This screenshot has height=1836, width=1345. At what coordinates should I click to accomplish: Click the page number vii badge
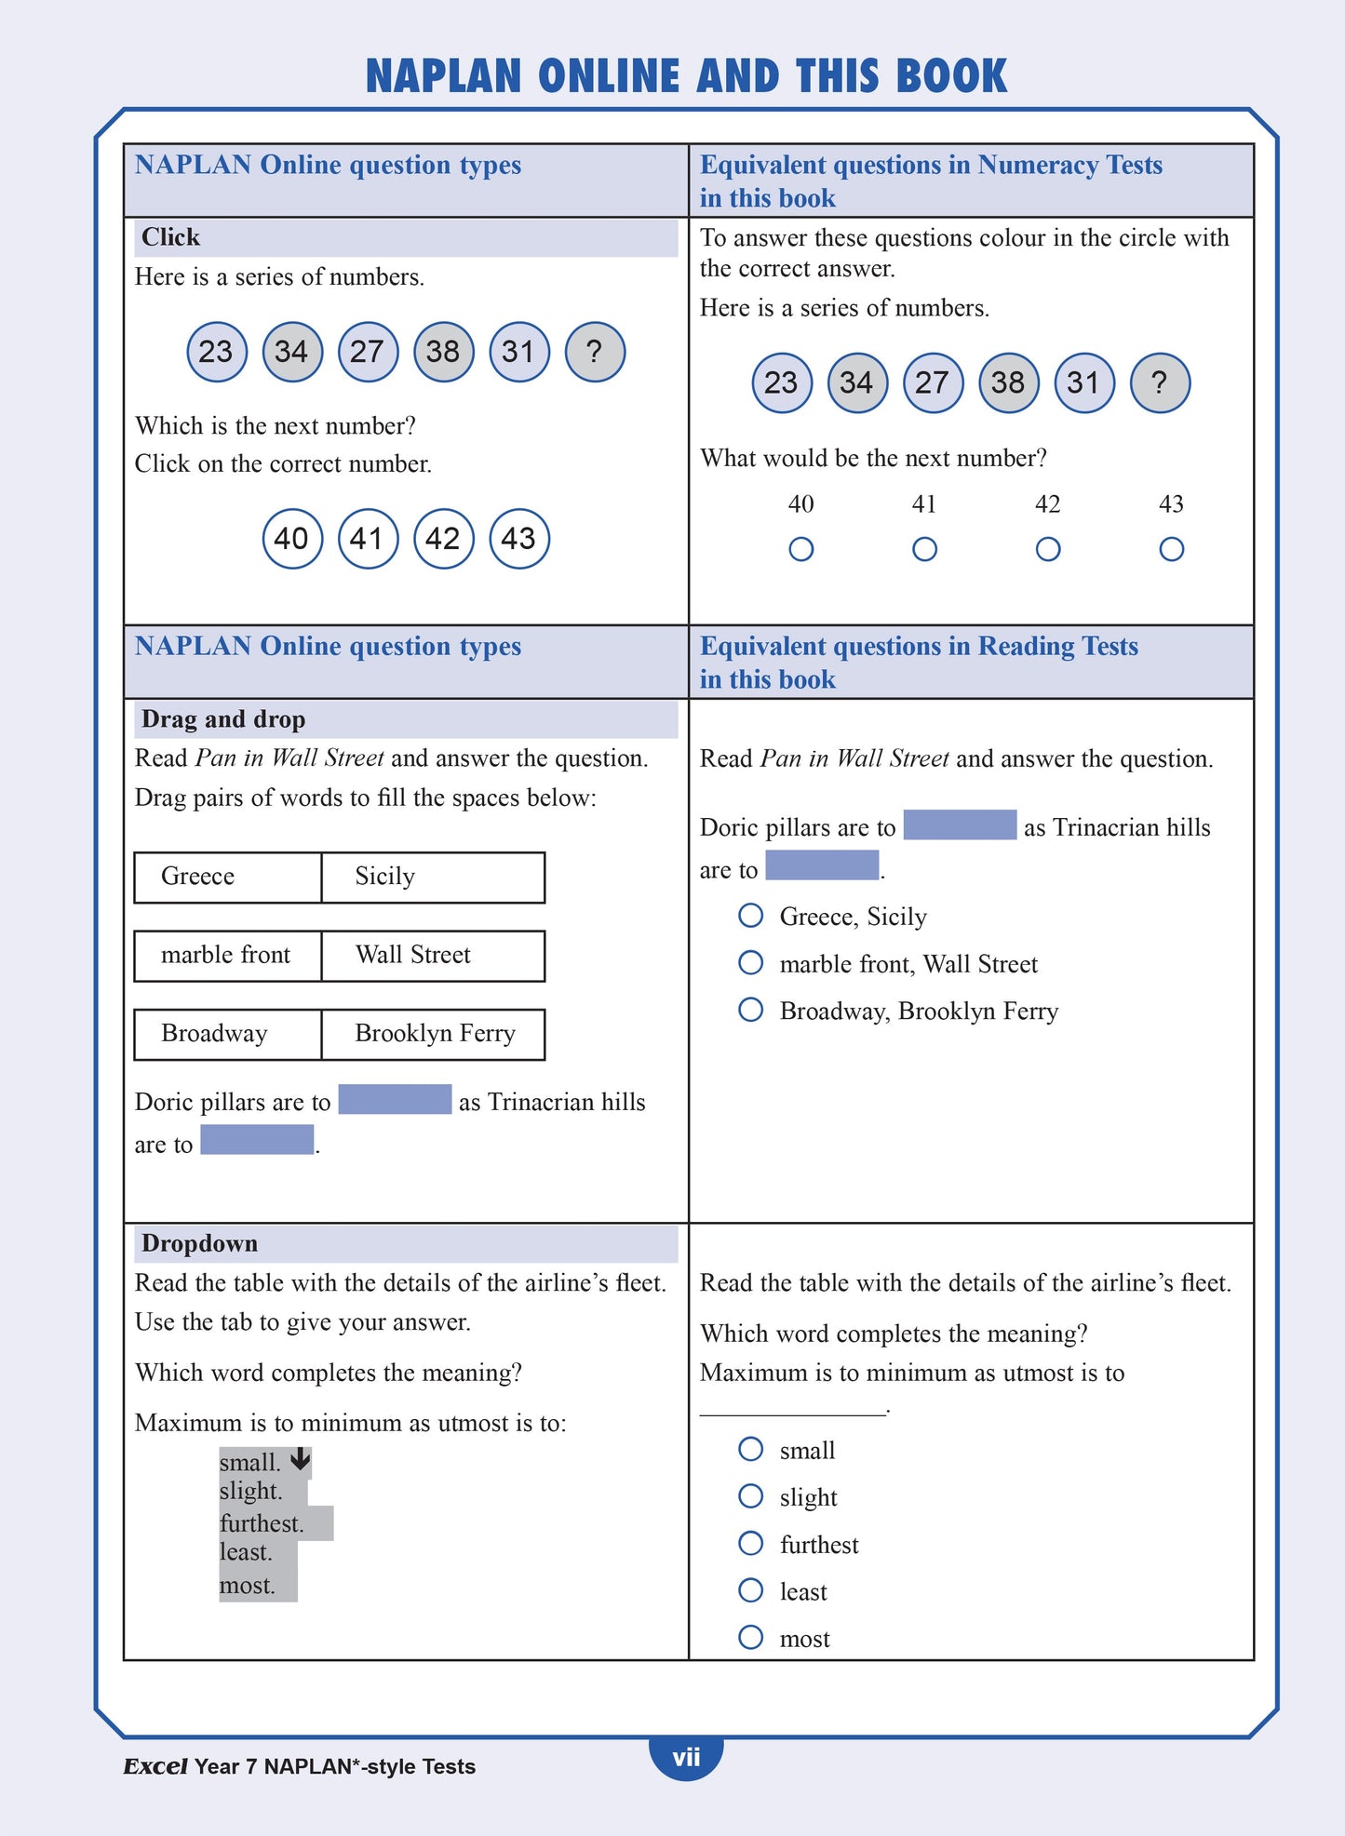click(686, 1757)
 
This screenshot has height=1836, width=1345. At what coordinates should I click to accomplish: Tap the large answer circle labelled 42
click(443, 539)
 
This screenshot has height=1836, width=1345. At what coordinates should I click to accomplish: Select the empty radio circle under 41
click(924, 549)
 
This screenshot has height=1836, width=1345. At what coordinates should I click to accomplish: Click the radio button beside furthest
click(750, 1543)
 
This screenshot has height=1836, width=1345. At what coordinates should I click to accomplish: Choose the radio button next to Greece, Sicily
click(750, 915)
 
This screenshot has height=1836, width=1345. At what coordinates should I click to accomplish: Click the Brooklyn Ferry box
click(433, 1034)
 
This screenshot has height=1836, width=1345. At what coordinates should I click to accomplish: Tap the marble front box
click(227, 956)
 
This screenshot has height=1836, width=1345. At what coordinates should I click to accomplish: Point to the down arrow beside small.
click(300, 1459)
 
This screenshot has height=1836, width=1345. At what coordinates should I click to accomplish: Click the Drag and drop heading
click(223, 719)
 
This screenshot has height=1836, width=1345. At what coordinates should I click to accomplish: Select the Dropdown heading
click(199, 1243)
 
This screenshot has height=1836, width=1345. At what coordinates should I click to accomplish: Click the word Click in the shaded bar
click(170, 237)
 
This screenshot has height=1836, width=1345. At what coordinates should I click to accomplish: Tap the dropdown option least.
click(246, 1552)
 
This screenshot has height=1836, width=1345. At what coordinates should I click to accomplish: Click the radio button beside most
click(750, 1637)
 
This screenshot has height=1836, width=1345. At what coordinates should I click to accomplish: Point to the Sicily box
click(433, 877)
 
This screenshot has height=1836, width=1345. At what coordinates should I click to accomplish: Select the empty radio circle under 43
click(1171, 549)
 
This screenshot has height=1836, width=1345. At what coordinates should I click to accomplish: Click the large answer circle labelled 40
click(292, 539)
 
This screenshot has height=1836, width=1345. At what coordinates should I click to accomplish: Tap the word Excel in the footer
click(155, 1766)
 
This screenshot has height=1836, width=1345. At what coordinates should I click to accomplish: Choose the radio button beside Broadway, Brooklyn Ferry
click(750, 1009)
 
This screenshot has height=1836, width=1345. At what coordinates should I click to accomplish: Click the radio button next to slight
click(750, 1495)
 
